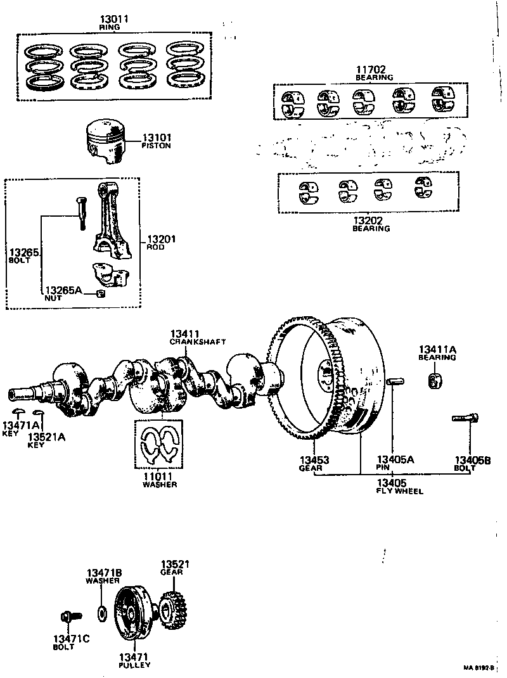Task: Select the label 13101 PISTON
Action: (x=156, y=141)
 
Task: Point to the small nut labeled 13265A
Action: (x=100, y=293)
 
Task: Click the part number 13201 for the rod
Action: (x=162, y=239)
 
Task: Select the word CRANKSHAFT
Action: (x=198, y=342)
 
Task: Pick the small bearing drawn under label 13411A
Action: (x=435, y=382)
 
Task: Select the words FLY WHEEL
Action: (x=399, y=491)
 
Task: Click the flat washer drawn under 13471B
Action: (x=100, y=613)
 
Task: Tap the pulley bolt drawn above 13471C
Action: (x=67, y=615)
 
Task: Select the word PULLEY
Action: (x=134, y=665)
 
